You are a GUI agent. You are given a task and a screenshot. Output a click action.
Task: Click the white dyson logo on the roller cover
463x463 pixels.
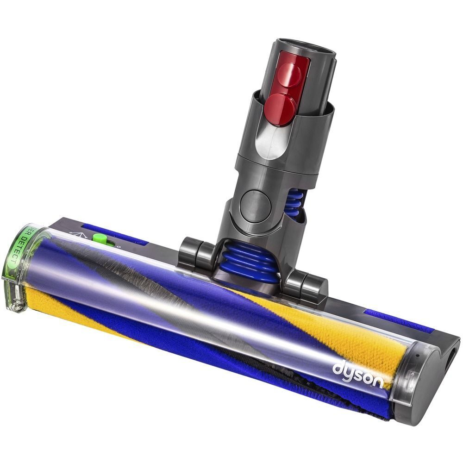[x=358, y=375]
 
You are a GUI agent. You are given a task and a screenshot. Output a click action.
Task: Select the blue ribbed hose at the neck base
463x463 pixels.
[x=250, y=261]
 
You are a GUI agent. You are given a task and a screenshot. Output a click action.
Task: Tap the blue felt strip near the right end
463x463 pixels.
[x=398, y=321]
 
